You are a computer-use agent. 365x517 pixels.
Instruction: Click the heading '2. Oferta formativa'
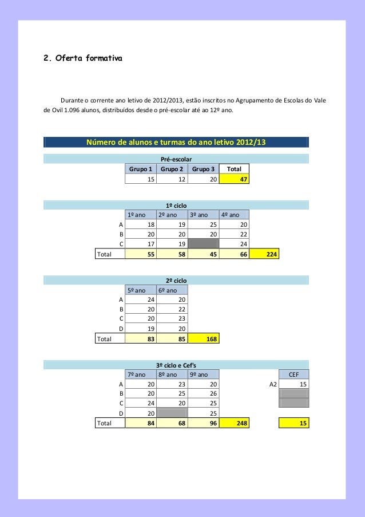pos(83,58)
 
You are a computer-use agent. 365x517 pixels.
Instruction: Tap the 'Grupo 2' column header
pos(172,169)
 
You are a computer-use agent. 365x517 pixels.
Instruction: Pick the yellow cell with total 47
pos(234,179)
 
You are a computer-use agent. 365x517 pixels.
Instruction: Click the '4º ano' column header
pos(234,215)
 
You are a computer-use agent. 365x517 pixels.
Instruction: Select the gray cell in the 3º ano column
pos(203,244)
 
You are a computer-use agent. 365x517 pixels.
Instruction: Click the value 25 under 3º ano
pos(203,224)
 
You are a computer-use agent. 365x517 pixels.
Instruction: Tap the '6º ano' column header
pos(172,290)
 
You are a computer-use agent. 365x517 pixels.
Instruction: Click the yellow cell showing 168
pos(203,339)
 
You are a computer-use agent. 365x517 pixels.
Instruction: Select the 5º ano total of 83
pos(141,339)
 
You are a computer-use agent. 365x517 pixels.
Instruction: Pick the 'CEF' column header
pos(293,374)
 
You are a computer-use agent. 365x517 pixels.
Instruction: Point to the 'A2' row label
pos(273,384)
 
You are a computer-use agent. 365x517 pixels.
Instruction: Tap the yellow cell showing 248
pos(234,424)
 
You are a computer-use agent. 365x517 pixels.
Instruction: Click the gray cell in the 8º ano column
pos(172,413)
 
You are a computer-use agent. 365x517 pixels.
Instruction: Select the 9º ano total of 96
pos(203,424)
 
